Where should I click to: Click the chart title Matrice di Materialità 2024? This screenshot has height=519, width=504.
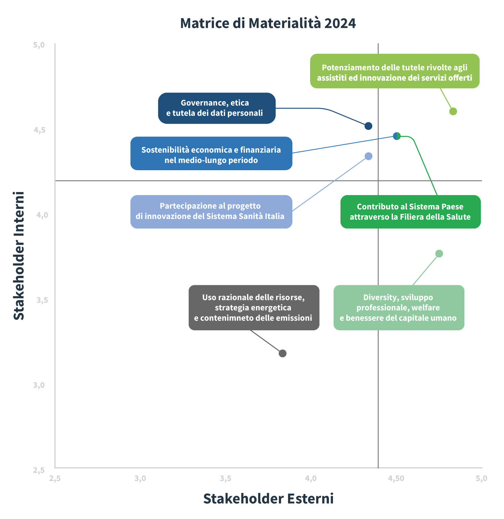(x=268, y=23)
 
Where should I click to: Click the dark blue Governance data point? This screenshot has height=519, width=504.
(x=368, y=126)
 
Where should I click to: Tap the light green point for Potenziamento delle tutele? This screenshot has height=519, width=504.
(x=453, y=111)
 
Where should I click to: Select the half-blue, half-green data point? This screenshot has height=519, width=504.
(x=397, y=136)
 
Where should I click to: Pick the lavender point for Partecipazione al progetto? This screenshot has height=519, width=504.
(x=369, y=156)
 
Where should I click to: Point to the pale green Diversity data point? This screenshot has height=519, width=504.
(x=439, y=254)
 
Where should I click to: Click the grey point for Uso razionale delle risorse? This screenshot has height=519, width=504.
(x=283, y=353)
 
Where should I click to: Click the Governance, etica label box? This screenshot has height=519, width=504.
(x=217, y=108)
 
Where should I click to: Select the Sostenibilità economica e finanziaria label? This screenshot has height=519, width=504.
(x=211, y=153)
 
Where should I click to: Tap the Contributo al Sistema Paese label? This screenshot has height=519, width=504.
(x=410, y=212)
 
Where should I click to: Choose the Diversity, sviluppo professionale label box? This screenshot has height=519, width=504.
(x=398, y=307)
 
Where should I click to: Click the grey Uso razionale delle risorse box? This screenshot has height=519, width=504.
(x=254, y=307)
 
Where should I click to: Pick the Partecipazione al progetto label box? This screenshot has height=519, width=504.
(x=211, y=212)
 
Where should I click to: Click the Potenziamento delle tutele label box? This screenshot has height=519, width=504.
(x=394, y=71)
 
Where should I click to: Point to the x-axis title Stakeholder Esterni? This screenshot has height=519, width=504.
(x=268, y=498)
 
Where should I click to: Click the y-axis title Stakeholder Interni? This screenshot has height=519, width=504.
(x=19, y=255)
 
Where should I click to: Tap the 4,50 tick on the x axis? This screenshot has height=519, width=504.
(x=396, y=478)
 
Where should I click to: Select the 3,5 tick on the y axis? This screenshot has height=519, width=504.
(x=42, y=300)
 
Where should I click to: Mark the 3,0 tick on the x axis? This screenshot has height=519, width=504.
(x=140, y=478)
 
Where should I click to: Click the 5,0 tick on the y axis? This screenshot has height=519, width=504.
(x=39, y=45)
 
